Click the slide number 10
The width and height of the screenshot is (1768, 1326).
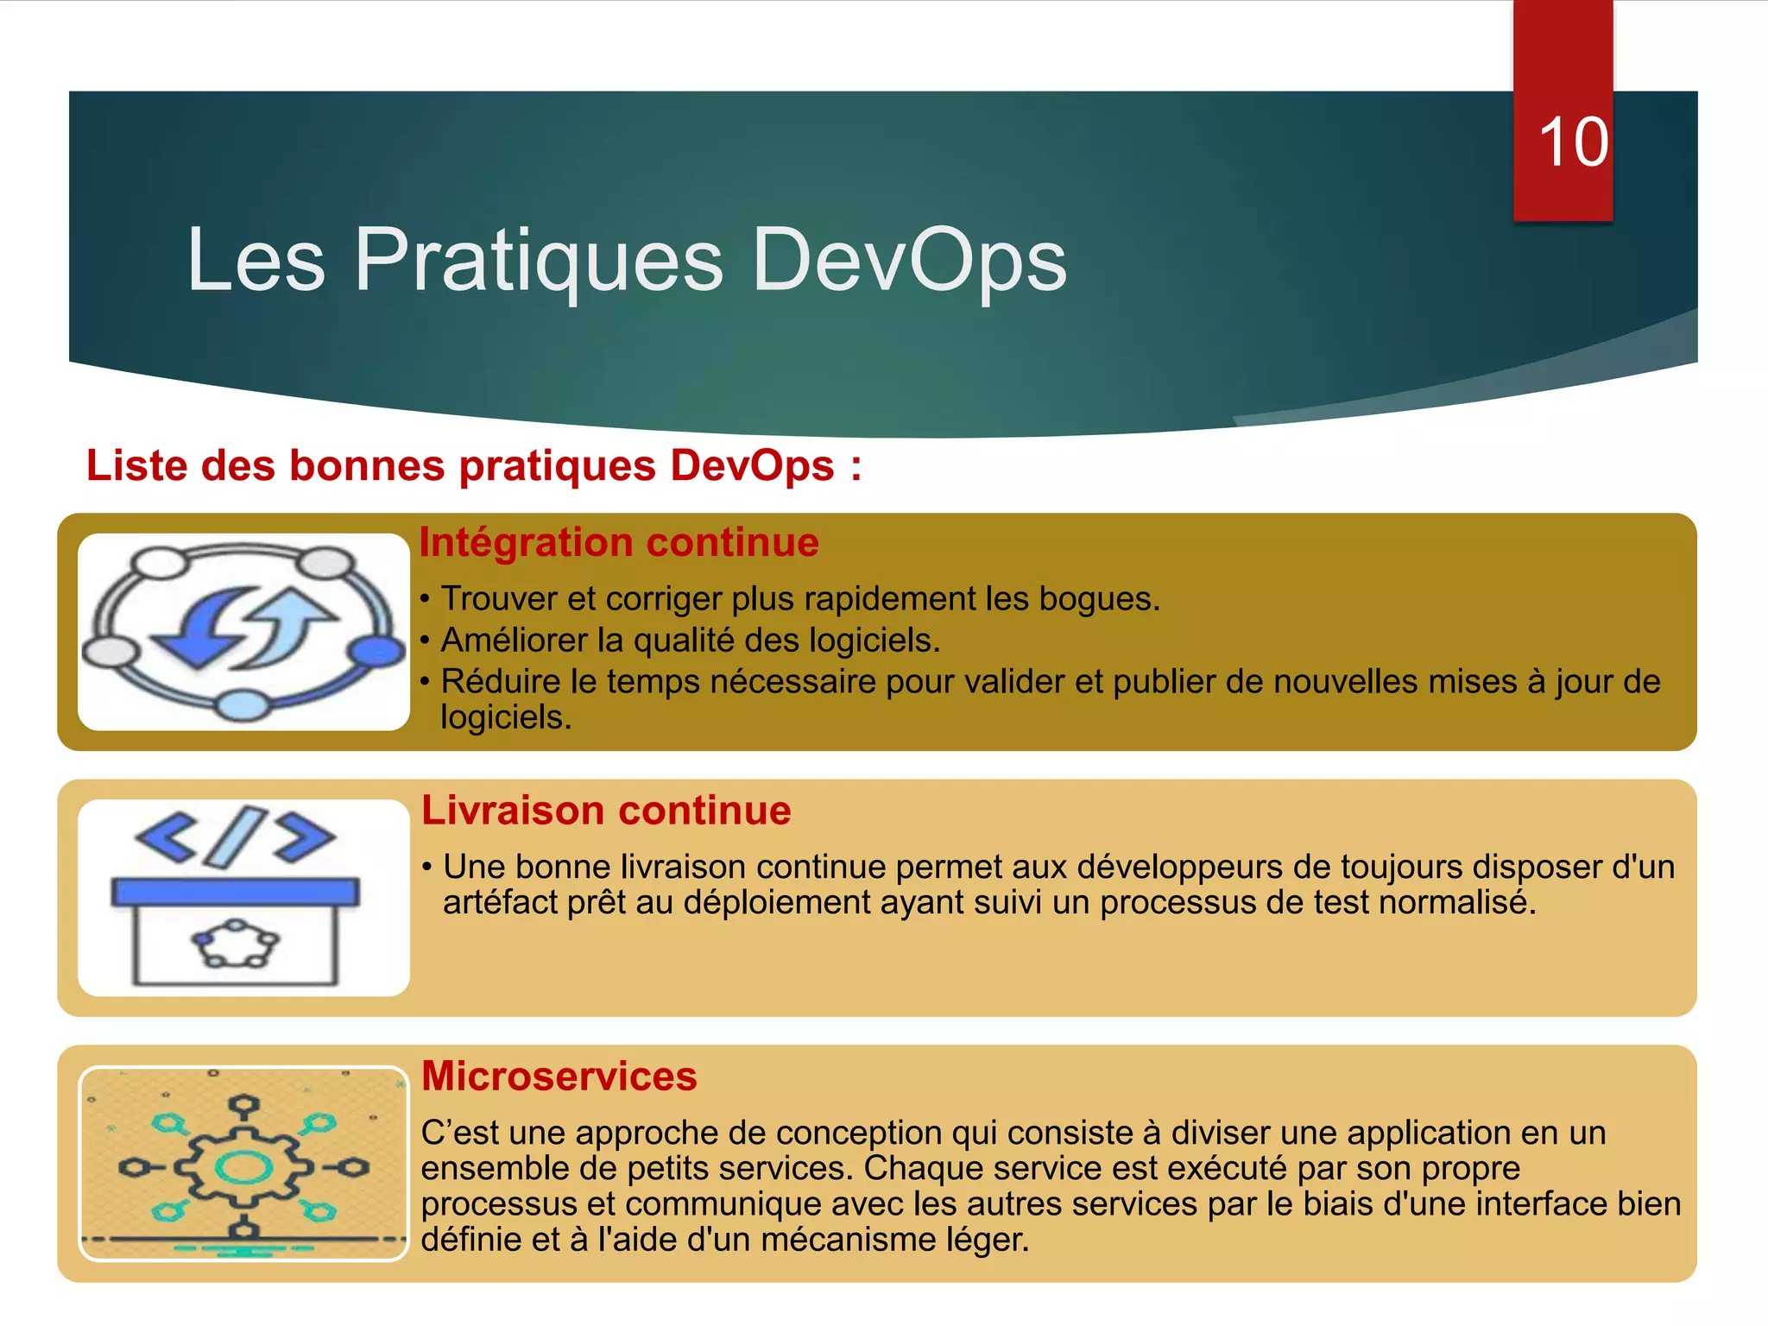pyautogui.click(x=1573, y=142)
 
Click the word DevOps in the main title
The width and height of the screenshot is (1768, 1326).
pyautogui.click(x=909, y=260)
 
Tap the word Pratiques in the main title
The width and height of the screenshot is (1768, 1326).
pyautogui.click(x=539, y=260)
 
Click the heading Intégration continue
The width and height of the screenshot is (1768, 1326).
pyautogui.click(x=618, y=543)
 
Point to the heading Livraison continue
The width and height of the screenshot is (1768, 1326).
pyautogui.click(x=606, y=811)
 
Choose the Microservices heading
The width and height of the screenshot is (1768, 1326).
pyautogui.click(x=559, y=1077)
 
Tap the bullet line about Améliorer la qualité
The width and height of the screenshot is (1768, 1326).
pyautogui.click(x=690, y=641)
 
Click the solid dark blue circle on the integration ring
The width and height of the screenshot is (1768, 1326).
pyautogui.click(x=376, y=651)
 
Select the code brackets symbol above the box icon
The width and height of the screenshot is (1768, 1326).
pyautogui.click(x=235, y=836)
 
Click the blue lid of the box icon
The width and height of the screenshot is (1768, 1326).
pyautogui.click(x=235, y=892)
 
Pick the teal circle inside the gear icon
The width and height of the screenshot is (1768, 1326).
pyautogui.click(x=243, y=1168)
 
